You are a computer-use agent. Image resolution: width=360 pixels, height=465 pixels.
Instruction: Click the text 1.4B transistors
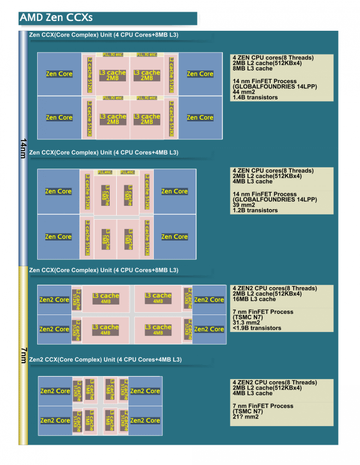255,97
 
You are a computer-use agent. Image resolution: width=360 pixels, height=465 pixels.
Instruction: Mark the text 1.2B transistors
255,210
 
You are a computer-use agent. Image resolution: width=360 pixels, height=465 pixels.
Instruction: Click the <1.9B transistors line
257,328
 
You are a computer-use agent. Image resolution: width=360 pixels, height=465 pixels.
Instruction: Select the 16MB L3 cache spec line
254,299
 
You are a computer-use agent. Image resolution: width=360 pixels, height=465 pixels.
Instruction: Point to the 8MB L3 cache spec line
253,69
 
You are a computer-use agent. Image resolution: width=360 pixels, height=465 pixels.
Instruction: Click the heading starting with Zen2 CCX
105,360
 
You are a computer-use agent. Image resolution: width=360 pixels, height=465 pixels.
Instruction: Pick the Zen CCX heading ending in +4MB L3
103,152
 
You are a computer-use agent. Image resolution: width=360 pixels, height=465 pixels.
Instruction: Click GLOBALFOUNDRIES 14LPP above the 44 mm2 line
275,87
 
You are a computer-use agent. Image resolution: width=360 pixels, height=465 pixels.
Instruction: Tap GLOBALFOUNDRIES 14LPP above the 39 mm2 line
275,199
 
